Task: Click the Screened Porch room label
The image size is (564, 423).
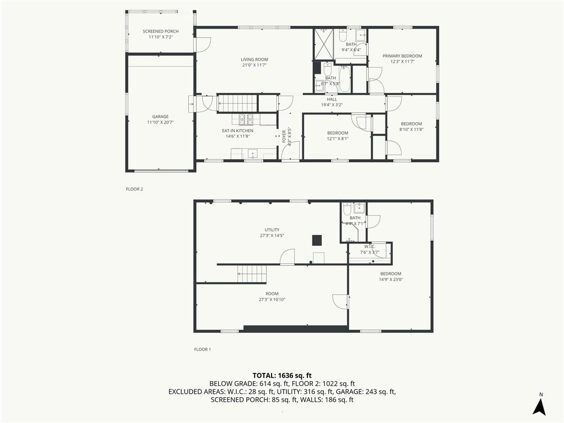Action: [161, 31]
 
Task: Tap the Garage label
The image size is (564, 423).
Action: [160, 117]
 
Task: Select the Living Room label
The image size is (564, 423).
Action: [254, 59]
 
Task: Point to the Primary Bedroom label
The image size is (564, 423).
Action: [402, 56]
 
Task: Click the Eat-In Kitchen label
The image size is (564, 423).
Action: [237, 131]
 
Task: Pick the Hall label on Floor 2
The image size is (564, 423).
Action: [332, 99]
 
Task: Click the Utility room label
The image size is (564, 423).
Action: [272, 230]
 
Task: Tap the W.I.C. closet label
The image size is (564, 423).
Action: [370, 246]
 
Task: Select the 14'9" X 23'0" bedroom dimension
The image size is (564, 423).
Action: [391, 279]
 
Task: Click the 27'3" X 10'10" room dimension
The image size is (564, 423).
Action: [272, 299]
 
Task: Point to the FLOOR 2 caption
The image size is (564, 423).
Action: [134, 189]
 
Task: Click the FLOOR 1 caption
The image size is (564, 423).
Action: [203, 349]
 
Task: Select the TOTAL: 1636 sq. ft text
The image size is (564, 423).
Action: [282, 376]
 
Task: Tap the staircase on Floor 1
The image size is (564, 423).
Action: [252, 274]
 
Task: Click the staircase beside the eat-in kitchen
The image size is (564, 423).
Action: [237, 103]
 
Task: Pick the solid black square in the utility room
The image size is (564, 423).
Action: [317, 240]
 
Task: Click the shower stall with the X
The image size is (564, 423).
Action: [324, 44]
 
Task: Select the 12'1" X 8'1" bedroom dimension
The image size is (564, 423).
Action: [338, 138]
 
